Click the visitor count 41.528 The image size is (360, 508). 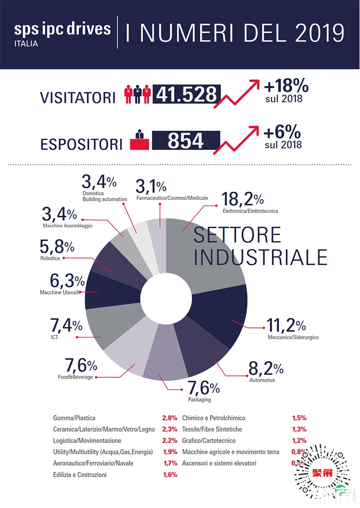click(x=186, y=94)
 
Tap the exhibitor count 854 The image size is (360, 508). click(x=186, y=141)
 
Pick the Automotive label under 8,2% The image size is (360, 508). click(x=262, y=380)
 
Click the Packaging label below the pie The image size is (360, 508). click(x=199, y=399)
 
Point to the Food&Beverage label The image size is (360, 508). click(x=75, y=377)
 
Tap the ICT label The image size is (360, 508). click(x=54, y=336)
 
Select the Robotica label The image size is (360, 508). click(x=50, y=259)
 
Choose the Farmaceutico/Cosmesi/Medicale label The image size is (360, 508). click(x=172, y=198)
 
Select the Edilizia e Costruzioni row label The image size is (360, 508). click(x=80, y=475)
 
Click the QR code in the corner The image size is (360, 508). click(x=323, y=473)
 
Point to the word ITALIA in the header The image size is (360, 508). click(x=26, y=44)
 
